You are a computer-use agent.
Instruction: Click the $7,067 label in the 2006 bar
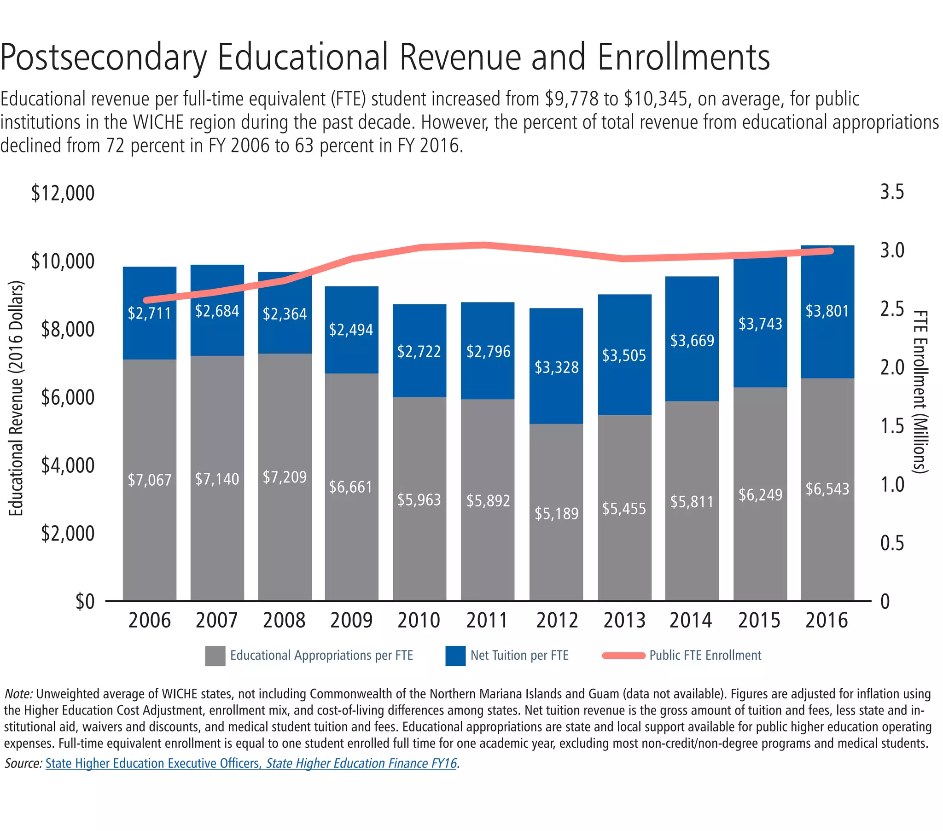click(150, 480)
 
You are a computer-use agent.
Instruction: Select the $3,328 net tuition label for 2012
click(556, 367)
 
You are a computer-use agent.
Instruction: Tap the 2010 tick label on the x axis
click(419, 620)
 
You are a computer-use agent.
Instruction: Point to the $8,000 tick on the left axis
click(67, 330)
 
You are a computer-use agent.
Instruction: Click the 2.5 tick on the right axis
click(892, 309)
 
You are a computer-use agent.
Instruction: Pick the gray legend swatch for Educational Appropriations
click(215, 656)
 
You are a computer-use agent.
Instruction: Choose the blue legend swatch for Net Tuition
click(455, 656)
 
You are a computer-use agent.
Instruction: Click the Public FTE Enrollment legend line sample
click(624, 656)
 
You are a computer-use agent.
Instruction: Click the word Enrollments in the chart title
click(684, 57)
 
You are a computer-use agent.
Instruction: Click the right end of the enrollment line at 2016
click(831, 251)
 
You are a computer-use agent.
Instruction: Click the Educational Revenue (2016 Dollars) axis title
click(16, 398)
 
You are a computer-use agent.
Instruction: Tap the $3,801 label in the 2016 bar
click(827, 311)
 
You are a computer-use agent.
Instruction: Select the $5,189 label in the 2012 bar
click(556, 513)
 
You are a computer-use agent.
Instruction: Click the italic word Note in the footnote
click(18, 694)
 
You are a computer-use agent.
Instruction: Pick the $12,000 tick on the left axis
click(63, 193)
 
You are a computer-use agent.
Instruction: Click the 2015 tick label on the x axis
click(759, 620)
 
